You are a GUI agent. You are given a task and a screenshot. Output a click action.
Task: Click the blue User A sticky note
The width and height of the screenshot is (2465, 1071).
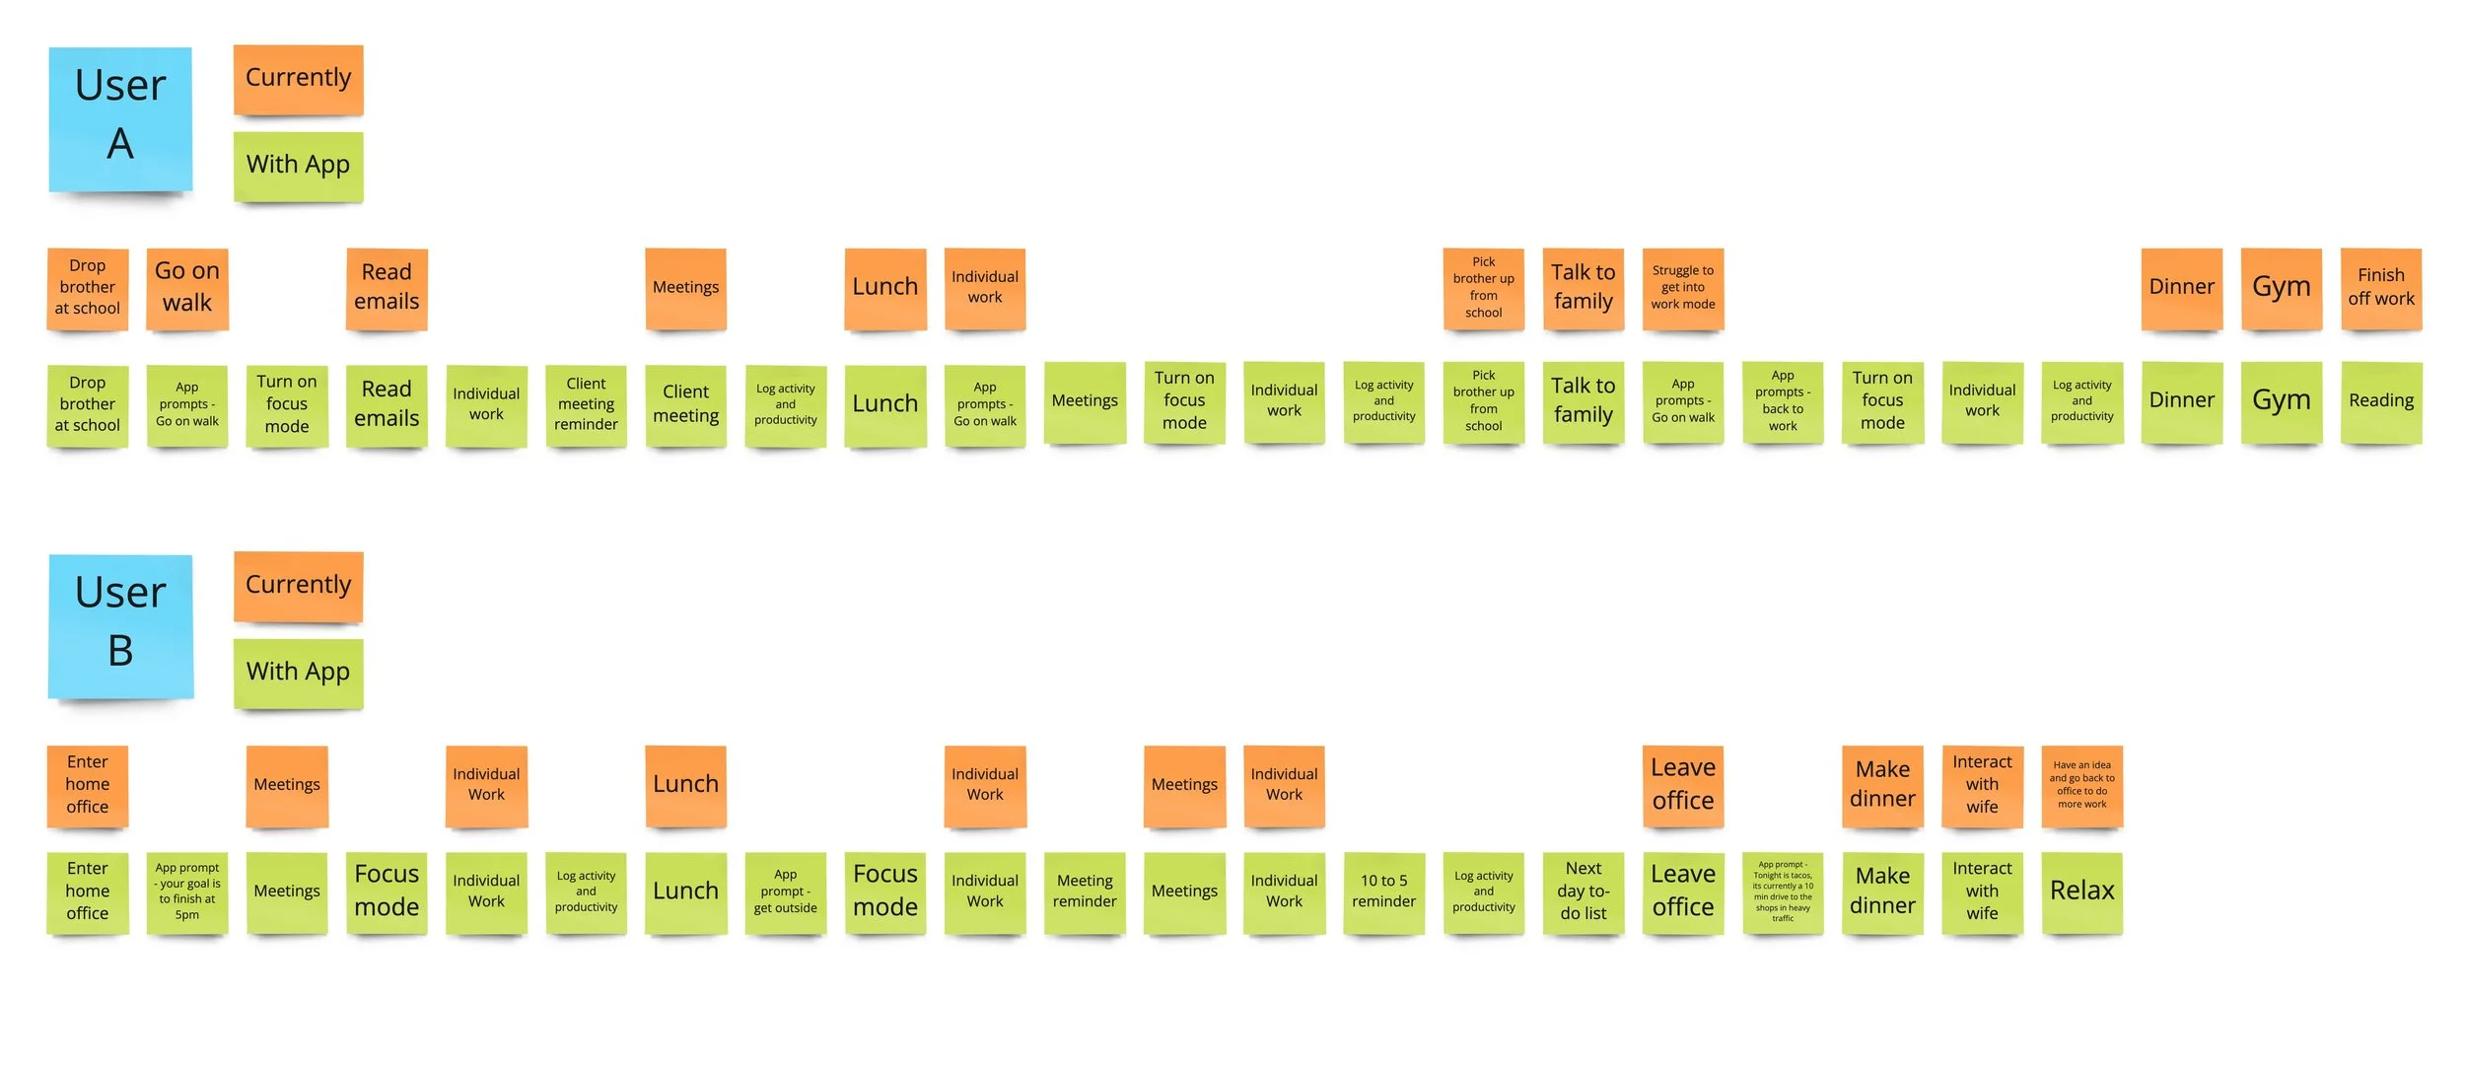pos(120,118)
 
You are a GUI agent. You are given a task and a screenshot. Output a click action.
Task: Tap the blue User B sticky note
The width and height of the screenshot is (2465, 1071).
pos(120,625)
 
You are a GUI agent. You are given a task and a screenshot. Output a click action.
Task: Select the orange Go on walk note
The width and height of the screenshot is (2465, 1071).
pos(187,288)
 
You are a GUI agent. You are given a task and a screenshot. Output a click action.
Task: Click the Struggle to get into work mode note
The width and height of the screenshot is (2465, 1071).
pos(1682,288)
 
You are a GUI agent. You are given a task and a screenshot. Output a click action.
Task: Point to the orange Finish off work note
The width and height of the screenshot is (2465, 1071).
pos(2380,288)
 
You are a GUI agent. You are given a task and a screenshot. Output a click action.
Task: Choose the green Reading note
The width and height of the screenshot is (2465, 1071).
pos(2380,402)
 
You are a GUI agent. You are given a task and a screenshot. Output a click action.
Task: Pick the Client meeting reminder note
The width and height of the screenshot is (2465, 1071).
pos(586,404)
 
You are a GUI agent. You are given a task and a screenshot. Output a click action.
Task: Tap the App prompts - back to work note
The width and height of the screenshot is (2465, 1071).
pos(1782,402)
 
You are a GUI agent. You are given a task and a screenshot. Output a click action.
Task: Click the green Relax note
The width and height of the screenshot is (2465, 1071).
pos(2081,892)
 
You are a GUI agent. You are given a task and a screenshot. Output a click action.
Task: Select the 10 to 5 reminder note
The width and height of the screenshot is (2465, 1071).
pos(1383,892)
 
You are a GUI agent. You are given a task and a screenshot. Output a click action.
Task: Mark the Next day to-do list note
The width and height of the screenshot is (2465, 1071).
pos(1583,892)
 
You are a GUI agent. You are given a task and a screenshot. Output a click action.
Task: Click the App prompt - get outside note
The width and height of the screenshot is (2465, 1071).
pos(785,892)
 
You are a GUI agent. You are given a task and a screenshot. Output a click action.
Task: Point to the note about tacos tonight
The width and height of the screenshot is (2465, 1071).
pos(1782,892)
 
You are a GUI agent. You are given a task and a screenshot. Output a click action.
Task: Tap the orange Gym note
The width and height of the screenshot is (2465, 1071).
pos(2281,288)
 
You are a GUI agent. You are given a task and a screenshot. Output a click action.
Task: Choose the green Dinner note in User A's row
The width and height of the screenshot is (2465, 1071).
pos(2181,402)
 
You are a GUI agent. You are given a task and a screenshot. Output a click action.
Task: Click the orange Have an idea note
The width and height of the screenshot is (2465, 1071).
pos(2081,786)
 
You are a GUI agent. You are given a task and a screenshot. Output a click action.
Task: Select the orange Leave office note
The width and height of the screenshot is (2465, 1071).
pos(1682,786)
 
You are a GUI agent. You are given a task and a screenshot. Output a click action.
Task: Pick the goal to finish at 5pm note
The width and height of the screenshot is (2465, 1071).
pos(187,892)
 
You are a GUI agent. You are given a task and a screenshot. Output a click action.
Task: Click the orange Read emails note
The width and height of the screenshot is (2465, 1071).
pos(387,288)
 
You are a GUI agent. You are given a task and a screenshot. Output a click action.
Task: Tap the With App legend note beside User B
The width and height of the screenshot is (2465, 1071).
pos(298,673)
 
